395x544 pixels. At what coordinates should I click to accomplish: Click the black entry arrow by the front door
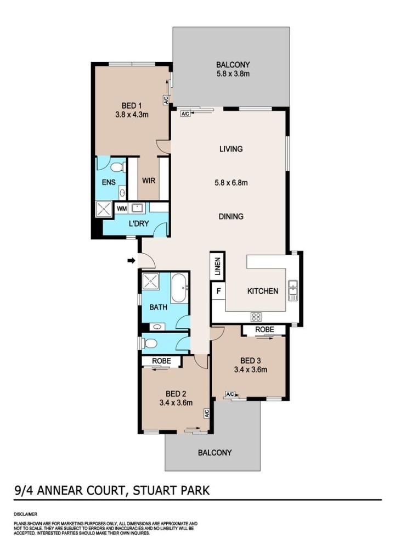point(131,261)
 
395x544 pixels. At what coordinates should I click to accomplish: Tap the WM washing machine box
point(122,209)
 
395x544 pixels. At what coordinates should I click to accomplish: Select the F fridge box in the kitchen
point(219,291)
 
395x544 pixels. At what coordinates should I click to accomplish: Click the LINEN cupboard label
point(217,266)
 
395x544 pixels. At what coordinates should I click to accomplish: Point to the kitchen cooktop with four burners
point(256,316)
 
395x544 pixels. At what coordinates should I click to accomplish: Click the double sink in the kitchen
point(293,290)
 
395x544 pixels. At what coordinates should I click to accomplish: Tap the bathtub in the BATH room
point(179,288)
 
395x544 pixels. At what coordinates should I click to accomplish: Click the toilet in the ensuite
point(118,168)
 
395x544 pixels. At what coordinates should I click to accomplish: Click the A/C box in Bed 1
point(166,100)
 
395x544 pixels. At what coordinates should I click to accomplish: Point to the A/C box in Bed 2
point(207,413)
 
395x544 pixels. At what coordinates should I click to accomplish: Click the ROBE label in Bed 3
point(264,329)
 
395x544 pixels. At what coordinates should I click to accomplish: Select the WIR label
point(149,181)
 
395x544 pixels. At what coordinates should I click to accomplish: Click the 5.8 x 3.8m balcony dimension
point(233,74)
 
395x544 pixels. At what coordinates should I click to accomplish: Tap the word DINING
point(231,216)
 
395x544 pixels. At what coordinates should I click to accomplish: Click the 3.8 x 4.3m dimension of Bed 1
point(132,115)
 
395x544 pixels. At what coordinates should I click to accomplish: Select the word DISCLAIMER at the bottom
point(25,514)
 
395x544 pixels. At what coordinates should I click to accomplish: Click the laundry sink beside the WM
point(138,208)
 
